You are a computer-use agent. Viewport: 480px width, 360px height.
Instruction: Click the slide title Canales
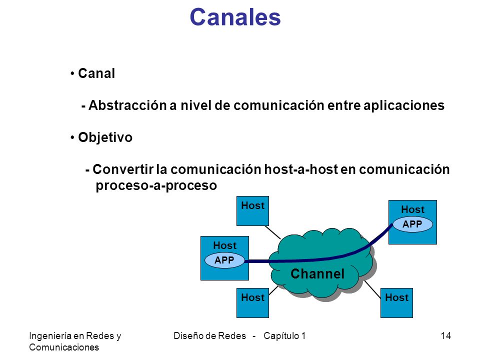pyautogui.click(x=235, y=17)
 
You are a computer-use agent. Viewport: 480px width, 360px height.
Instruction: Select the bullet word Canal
pyautogui.click(x=96, y=73)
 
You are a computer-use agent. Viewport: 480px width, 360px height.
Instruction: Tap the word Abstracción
pyautogui.click(x=127, y=105)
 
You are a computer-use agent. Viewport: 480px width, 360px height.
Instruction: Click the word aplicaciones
pyautogui.click(x=404, y=106)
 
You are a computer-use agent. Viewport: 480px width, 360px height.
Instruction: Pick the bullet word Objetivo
pyautogui.click(x=105, y=137)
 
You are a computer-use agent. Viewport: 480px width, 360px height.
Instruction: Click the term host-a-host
pyautogui.click(x=301, y=169)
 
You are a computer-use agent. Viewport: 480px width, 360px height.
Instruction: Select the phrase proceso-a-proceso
pyautogui.click(x=156, y=185)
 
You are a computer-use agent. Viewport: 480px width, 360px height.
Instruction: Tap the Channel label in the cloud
pyautogui.click(x=317, y=273)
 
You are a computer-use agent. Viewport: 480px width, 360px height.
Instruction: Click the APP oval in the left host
pyautogui.click(x=224, y=260)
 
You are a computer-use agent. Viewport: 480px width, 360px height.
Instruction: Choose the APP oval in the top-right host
pyautogui.click(x=412, y=224)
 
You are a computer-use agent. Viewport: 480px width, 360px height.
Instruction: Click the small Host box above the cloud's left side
pyautogui.click(x=252, y=211)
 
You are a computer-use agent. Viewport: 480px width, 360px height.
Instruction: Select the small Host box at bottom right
pyautogui.click(x=396, y=303)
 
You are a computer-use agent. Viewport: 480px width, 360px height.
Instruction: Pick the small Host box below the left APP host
pyautogui.click(x=252, y=303)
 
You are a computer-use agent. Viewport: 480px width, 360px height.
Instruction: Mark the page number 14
pyautogui.click(x=445, y=336)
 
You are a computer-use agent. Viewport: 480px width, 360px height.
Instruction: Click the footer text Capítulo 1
pyautogui.click(x=284, y=336)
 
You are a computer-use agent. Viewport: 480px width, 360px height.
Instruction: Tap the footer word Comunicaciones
pyautogui.click(x=64, y=347)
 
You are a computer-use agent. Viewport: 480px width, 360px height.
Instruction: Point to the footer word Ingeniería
pyautogui.click(x=50, y=336)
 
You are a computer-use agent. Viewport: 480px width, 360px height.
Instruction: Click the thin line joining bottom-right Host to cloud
pyautogui.click(x=372, y=289)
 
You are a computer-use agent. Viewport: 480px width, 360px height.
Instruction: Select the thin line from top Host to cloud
pyautogui.click(x=272, y=232)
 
